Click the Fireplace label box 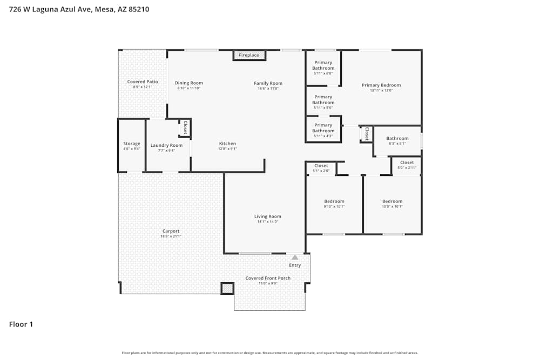pos(249,55)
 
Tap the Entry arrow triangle pos(295,258)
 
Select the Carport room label pos(171,231)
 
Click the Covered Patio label pos(143,81)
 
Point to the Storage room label pos(132,144)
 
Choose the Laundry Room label pos(166,145)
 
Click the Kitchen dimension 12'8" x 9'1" pos(227,149)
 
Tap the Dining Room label pos(189,83)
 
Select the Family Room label pos(268,83)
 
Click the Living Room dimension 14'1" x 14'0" pos(268,222)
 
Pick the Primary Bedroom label pos(381,85)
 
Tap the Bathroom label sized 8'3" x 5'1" pos(397,139)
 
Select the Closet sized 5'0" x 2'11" pos(407,162)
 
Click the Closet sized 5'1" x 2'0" pos(321,166)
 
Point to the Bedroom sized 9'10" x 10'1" pos(334,201)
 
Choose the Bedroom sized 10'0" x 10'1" pos(392,201)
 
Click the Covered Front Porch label pos(268,279)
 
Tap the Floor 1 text pos(21,324)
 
